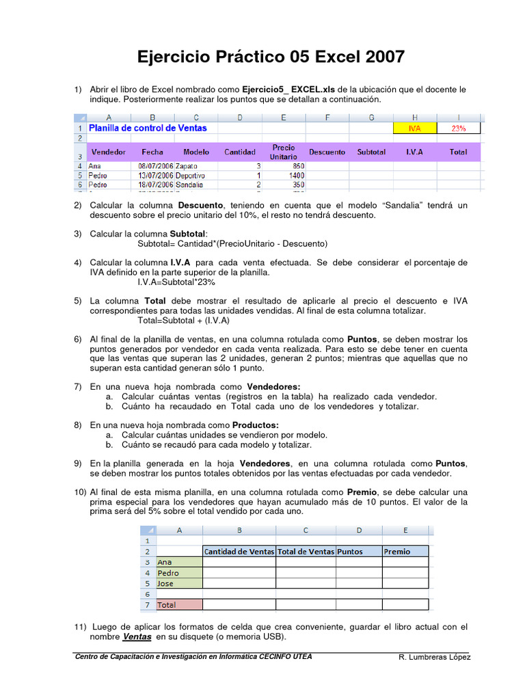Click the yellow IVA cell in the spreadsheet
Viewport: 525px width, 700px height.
pos(414,128)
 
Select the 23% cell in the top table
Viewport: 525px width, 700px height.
pos(458,128)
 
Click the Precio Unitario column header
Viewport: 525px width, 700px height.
pos(284,152)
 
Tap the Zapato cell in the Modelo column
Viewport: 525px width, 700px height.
pos(188,165)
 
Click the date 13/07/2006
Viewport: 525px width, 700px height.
pos(156,175)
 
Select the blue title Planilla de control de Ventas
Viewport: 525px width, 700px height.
pos(148,128)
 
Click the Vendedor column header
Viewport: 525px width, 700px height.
pos(109,152)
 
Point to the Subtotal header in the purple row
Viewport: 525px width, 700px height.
pos(371,152)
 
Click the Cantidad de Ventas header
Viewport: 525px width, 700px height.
pos(239,552)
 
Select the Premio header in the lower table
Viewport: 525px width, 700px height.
pos(397,552)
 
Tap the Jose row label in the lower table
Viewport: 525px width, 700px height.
pos(166,584)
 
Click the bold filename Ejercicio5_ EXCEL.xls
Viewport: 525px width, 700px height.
pos(293,90)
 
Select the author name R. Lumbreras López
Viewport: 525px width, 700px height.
pos(434,657)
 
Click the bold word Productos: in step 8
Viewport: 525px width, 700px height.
pos(256,425)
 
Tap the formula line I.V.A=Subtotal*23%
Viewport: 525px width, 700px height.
pos(176,282)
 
